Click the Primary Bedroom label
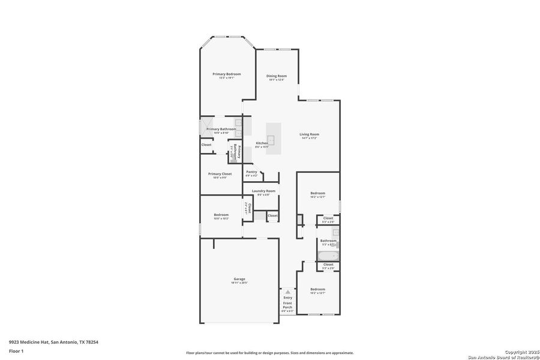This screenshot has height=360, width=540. click(x=226, y=74)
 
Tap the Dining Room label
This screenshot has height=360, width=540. click(x=277, y=76)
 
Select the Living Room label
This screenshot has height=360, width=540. click(x=309, y=134)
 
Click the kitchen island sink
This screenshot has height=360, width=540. click(x=271, y=140)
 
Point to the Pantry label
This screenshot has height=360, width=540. click(x=251, y=172)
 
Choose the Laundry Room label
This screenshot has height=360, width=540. click(x=263, y=191)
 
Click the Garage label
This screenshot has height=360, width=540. click(x=239, y=279)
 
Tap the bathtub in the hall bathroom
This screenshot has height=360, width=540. click(x=328, y=257)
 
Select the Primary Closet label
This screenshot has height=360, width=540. click(x=220, y=173)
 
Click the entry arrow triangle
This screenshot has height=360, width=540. click(x=287, y=292)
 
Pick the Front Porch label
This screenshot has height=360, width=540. click(x=288, y=305)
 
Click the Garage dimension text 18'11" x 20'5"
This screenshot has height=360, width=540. click(x=239, y=283)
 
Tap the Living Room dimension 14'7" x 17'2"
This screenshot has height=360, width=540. click(x=309, y=138)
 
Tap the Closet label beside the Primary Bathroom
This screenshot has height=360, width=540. click(x=206, y=145)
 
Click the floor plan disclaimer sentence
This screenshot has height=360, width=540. click(x=269, y=353)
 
